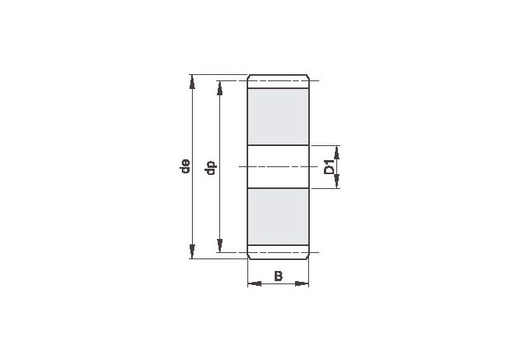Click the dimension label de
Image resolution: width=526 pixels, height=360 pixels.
click(185, 166)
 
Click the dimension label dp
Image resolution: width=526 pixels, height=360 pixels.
click(210, 166)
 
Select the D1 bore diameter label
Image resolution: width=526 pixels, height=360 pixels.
click(329, 167)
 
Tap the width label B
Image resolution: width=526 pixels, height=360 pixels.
click(278, 275)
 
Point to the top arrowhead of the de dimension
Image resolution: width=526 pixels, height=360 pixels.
click(192, 80)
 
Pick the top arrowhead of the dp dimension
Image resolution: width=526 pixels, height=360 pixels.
click(219, 87)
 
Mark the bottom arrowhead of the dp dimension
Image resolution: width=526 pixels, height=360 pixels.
click(219, 246)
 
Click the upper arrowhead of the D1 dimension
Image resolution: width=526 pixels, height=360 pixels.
click(337, 151)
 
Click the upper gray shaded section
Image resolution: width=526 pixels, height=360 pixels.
click(279, 117)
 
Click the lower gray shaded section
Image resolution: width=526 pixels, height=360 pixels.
click(279, 216)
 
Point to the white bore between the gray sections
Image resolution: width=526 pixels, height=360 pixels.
click(279, 166)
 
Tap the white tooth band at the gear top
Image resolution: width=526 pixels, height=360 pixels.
click(279, 82)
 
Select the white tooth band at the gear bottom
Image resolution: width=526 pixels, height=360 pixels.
click(279, 251)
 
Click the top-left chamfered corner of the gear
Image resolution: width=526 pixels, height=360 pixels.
click(249, 77)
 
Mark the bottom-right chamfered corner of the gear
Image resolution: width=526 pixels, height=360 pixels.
click(308, 257)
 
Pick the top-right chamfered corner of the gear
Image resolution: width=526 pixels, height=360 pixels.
click(308, 77)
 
